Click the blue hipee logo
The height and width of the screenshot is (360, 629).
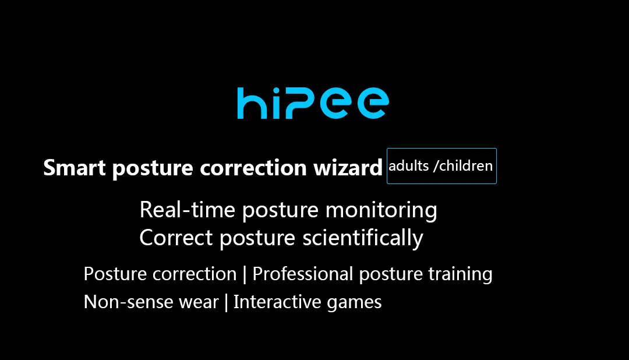pyautogui.click(x=313, y=103)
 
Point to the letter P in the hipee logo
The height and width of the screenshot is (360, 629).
pyautogui.click(x=301, y=104)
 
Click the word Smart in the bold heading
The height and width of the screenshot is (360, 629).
pyautogui.click(x=74, y=167)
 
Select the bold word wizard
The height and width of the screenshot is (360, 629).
pyautogui.click(x=348, y=167)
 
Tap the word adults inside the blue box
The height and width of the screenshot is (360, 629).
pyautogui.click(x=408, y=165)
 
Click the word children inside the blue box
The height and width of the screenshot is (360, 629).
pyautogui.click(x=466, y=165)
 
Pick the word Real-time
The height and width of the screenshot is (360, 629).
pyautogui.click(x=188, y=210)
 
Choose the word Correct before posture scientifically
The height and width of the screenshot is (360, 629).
pyautogui.click(x=176, y=238)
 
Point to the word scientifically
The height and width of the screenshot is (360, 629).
pyautogui.click(x=363, y=238)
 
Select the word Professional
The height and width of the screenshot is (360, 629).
pyautogui.click(x=302, y=274)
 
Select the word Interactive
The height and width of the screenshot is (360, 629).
pyautogui.click(x=277, y=302)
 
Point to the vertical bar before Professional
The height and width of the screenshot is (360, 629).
pyautogui.click(x=245, y=274)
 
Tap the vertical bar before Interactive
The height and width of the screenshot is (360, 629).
pyautogui.click(x=226, y=302)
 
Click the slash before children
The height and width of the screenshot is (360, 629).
pyautogui.click(x=436, y=166)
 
